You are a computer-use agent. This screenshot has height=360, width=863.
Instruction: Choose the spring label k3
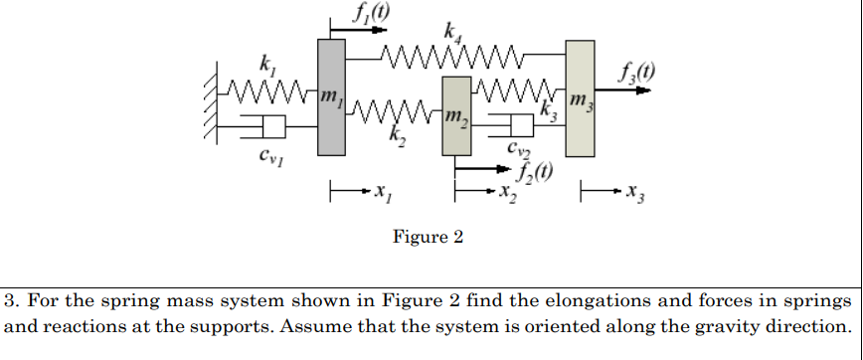(x=546, y=109)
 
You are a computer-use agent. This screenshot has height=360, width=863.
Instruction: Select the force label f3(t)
(x=627, y=71)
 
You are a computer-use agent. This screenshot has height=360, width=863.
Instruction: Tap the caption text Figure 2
(x=428, y=238)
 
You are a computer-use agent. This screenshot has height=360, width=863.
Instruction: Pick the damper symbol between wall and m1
(x=262, y=127)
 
